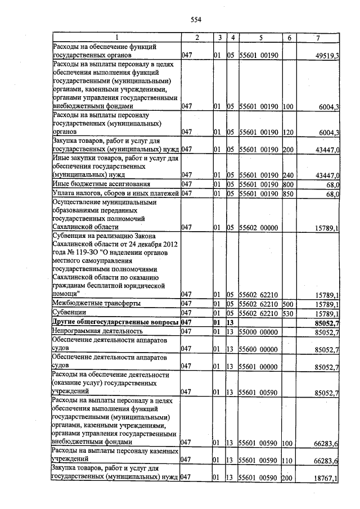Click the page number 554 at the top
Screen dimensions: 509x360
click(x=196, y=20)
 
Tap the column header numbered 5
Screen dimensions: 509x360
click(x=260, y=38)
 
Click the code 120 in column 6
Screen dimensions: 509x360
click(x=289, y=133)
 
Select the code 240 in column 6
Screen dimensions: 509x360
click(x=289, y=174)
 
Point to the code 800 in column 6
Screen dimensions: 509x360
click(x=289, y=184)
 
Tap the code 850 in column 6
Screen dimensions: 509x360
click(x=289, y=194)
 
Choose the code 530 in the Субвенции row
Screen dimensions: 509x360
click(x=289, y=313)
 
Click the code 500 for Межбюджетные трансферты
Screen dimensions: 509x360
click(x=289, y=303)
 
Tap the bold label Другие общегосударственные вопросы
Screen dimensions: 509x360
click(x=115, y=322)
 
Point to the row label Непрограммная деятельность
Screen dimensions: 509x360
click(x=90, y=332)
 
